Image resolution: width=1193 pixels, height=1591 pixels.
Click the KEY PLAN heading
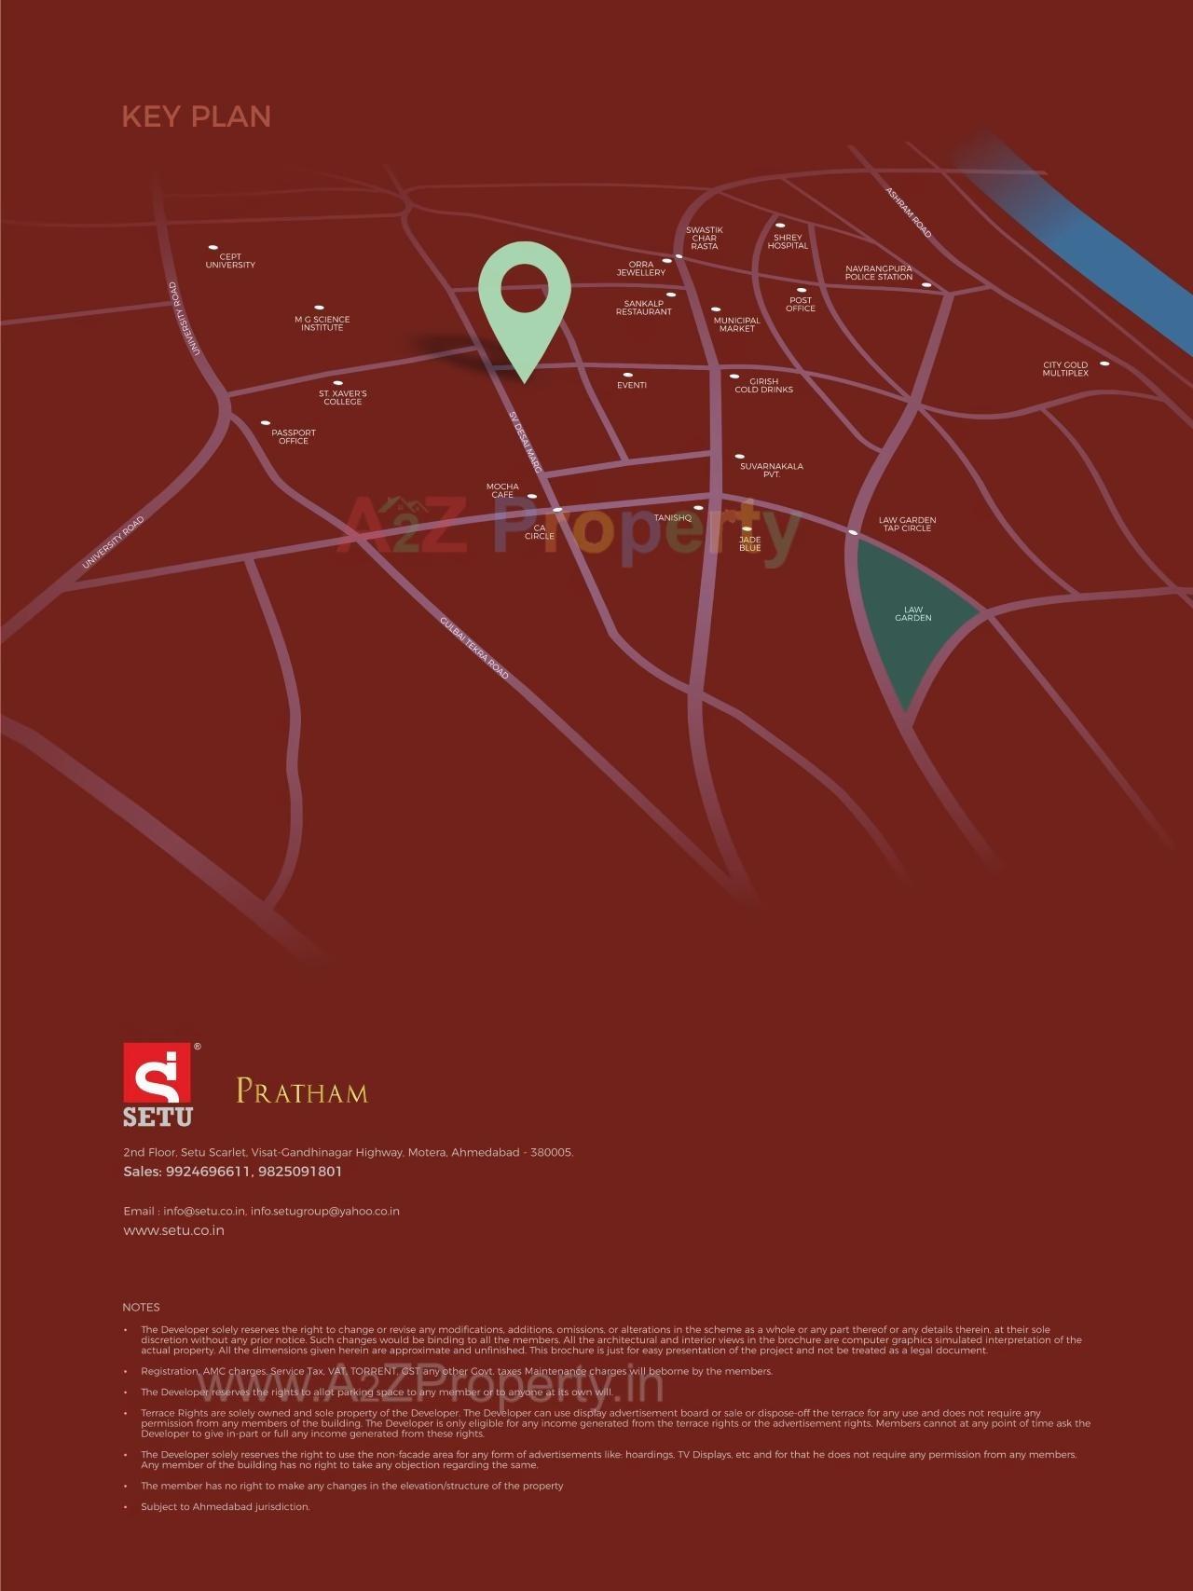click(197, 117)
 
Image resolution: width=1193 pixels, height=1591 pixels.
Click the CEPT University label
click(230, 261)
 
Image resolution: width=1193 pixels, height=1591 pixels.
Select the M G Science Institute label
click(322, 323)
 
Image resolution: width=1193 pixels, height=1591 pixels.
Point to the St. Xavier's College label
click(343, 397)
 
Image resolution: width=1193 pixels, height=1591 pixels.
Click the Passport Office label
click(294, 436)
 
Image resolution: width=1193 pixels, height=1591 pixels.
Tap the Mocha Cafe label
click(502, 490)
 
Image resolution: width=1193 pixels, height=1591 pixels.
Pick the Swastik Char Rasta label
click(705, 238)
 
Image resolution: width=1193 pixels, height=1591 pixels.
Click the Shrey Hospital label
click(788, 241)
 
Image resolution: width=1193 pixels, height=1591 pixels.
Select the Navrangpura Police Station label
click(879, 273)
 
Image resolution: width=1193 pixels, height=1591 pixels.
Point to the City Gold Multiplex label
click(1065, 369)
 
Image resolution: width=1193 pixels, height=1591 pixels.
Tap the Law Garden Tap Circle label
click(907, 524)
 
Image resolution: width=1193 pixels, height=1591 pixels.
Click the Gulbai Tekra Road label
click(474, 647)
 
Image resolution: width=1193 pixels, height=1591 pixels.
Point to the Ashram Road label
click(908, 213)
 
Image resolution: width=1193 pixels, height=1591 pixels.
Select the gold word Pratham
click(302, 1091)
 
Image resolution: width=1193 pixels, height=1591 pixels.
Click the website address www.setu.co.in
click(174, 1230)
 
